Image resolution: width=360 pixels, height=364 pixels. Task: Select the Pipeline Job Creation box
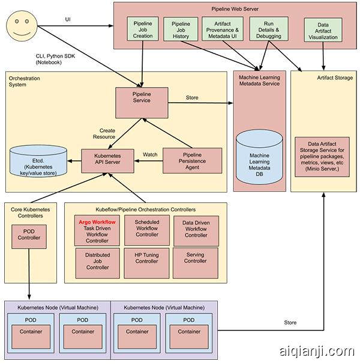pyautogui.click(x=143, y=28)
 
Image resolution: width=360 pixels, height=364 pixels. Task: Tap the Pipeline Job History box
pyautogui.click(x=181, y=28)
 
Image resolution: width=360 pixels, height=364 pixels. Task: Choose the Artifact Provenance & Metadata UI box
pyautogui.click(x=223, y=28)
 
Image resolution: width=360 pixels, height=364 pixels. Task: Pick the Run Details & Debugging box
pyautogui.click(x=268, y=28)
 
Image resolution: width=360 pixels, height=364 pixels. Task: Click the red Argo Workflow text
pyautogui.click(x=97, y=222)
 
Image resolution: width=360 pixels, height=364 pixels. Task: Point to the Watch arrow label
pyautogui.click(x=149, y=155)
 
